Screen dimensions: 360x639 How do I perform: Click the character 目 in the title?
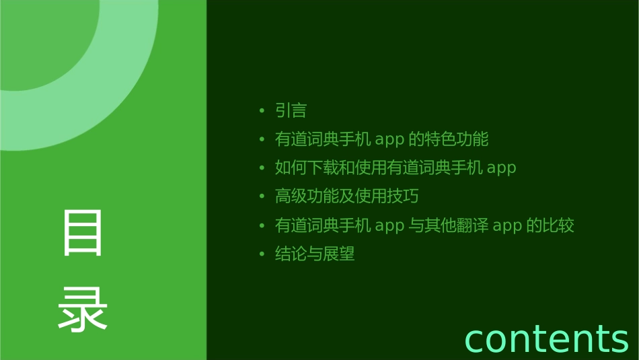pyautogui.click(x=83, y=232)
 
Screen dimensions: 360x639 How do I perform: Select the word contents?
pyautogui.click(x=546, y=338)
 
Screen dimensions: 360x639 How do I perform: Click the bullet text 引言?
pyautogui.click(x=291, y=110)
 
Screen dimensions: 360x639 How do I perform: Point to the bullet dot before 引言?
pyautogui.click(x=262, y=110)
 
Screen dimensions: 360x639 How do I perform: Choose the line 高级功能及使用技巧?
pyautogui.click(x=346, y=196)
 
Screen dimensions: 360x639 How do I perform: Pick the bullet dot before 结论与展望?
pyautogui.click(x=262, y=254)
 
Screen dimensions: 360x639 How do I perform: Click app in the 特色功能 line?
pyautogui.click(x=389, y=140)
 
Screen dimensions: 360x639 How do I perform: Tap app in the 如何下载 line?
pyautogui.click(x=501, y=168)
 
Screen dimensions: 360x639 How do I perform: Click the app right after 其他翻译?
pyautogui.click(x=507, y=226)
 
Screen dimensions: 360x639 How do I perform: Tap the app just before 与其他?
pyautogui.click(x=389, y=226)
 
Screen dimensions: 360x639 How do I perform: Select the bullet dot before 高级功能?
pyautogui.click(x=262, y=196)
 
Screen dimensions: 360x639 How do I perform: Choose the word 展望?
pyautogui.click(x=338, y=254)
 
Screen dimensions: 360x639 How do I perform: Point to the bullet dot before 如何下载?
pyautogui.click(x=262, y=168)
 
